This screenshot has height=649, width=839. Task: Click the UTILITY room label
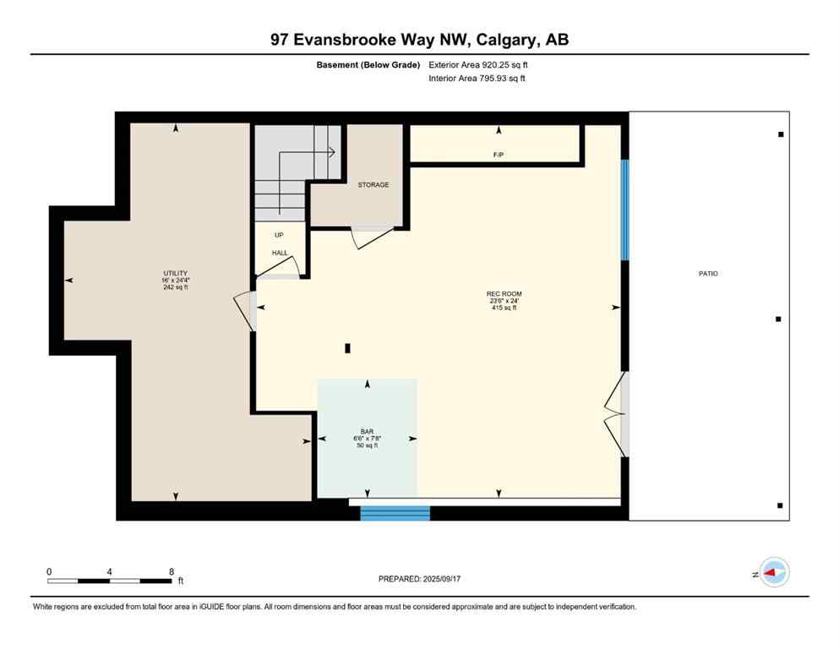pos(175,273)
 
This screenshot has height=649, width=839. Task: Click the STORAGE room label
pos(373,184)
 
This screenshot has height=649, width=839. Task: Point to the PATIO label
pos(708,273)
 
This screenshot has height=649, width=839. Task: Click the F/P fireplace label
pos(498,155)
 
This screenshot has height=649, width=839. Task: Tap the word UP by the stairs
pos(279,236)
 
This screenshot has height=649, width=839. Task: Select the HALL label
pos(280,253)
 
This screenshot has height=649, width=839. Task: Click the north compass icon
pos(773,573)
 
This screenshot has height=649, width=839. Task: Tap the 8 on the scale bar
pos(172,571)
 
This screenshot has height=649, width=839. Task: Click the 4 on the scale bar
pos(110,571)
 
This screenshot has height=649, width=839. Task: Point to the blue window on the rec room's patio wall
pos(625,210)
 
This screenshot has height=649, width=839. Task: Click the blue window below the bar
pos(395,513)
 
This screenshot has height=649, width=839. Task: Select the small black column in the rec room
pos(347,347)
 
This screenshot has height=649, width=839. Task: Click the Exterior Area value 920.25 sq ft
pos(505,64)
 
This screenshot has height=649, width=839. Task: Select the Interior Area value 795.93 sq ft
pos(504,79)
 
